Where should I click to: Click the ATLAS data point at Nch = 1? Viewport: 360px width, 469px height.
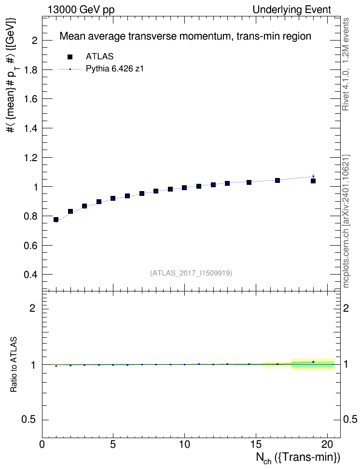56,220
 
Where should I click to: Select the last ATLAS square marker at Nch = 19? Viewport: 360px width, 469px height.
313,181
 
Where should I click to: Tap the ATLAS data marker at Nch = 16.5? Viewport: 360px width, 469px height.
277,180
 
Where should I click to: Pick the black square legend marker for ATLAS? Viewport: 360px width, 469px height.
70,57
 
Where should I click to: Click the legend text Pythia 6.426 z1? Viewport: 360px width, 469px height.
115,69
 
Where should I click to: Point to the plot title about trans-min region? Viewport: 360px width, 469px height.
185,36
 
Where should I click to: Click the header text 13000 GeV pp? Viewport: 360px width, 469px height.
81,10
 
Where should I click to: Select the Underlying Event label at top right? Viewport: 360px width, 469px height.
292,10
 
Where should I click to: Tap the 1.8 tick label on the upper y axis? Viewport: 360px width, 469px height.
30,69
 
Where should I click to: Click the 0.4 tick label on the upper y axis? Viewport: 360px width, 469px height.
30,275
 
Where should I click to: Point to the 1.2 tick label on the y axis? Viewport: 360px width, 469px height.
30,158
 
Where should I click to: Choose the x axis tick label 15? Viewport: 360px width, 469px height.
256,444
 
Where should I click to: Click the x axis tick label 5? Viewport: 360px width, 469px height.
113,444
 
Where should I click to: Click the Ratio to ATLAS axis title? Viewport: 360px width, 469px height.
14,365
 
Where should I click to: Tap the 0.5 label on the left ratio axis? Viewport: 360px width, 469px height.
29,420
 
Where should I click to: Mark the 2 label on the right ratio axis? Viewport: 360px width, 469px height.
346,308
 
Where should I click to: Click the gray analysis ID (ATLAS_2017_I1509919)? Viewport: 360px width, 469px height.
191,273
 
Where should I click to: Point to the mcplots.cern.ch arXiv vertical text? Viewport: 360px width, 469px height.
346,221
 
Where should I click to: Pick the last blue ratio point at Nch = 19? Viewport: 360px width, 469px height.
313,362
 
